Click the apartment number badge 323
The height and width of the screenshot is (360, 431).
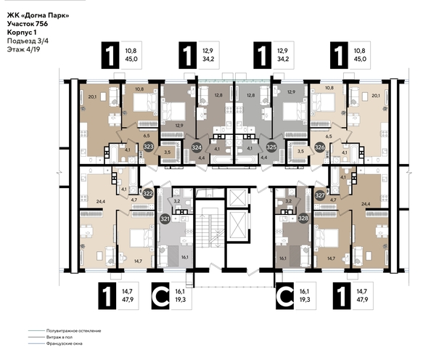pyautogui.click(x=148, y=145)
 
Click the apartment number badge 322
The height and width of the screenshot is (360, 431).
pyautogui.click(x=148, y=194)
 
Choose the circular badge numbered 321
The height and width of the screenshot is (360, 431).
pyautogui.click(x=165, y=218)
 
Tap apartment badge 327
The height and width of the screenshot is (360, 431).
pyautogui.click(x=320, y=194)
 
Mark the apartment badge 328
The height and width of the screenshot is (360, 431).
pyautogui.click(x=303, y=218)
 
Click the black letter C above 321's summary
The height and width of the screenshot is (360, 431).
pyautogui.click(x=161, y=298)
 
